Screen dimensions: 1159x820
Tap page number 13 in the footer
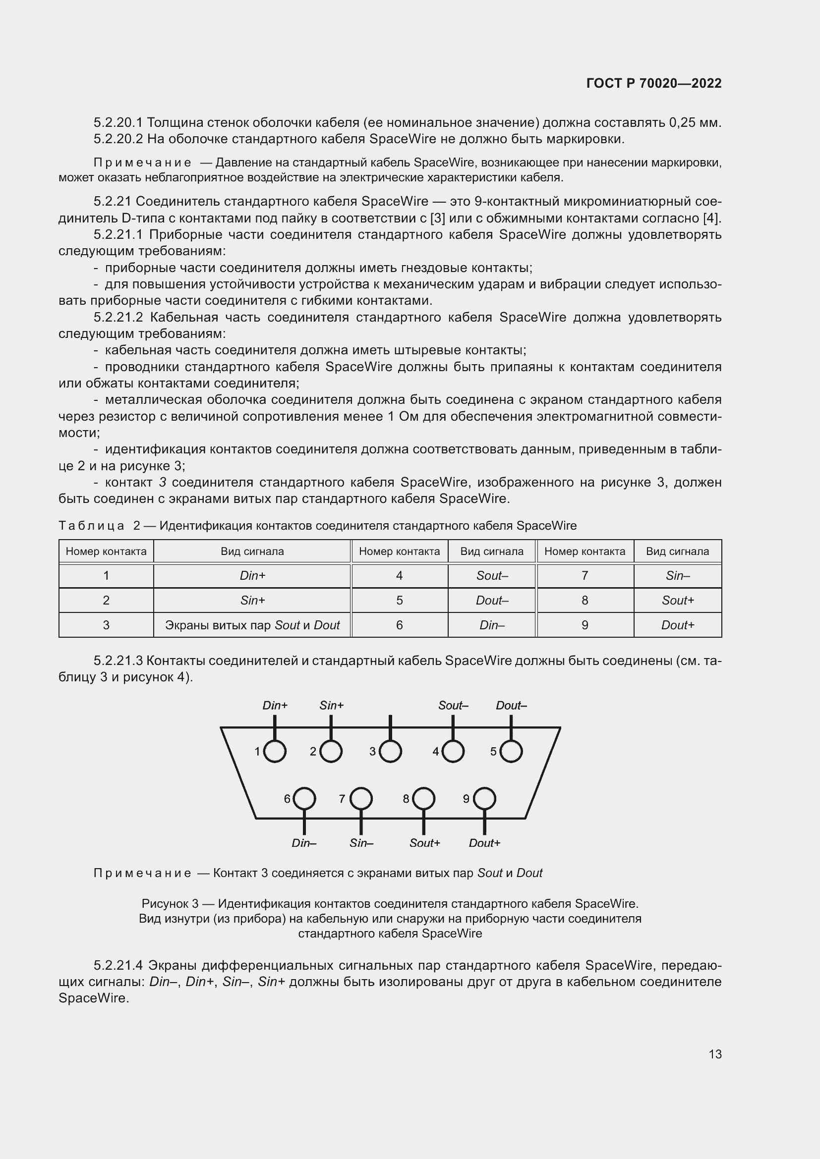(x=715, y=1054)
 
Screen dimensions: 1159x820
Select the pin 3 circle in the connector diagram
(x=390, y=752)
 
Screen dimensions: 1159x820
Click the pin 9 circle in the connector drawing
(x=484, y=799)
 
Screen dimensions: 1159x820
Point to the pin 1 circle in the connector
(x=275, y=752)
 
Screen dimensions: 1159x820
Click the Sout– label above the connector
(x=453, y=706)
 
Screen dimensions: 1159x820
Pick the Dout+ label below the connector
(x=484, y=843)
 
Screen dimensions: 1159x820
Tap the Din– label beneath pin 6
(x=304, y=843)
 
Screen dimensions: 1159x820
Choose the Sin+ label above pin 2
(x=331, y=706)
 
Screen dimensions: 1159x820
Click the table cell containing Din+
(x=252, y=576)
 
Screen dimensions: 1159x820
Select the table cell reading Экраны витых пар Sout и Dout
(x=252, y=625)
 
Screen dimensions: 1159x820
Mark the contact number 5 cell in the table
(x=399, y=601)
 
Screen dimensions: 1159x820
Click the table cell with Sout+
(x=677, y=601)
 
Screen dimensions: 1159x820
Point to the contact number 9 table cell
(x=584, y=625)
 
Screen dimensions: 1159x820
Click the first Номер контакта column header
(x=106, y=551)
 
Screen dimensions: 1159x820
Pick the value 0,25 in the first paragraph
(x=682, y=123)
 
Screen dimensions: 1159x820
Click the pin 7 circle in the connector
(x=361, y=799)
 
